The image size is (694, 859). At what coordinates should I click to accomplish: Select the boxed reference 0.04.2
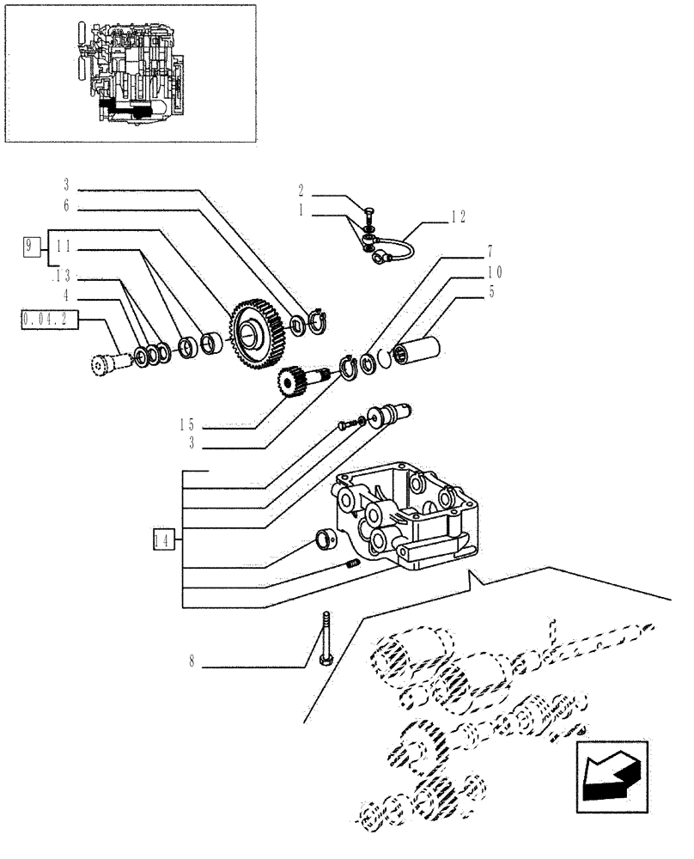[x=51, y=321]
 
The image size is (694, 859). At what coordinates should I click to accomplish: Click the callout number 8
[x=192, y=662]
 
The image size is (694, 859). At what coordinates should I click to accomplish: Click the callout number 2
[x=301, y=189]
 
